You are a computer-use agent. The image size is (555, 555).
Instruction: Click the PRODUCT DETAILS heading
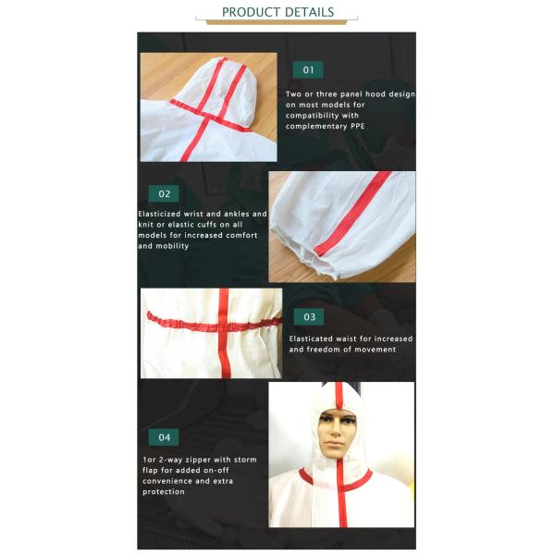[277, 12]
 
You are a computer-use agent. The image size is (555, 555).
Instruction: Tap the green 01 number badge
[308, 69]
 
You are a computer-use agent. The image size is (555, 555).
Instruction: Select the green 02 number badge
[164, 194]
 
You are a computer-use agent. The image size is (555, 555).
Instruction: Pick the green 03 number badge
[309, 316]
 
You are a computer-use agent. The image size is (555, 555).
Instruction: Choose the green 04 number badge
[164, 437]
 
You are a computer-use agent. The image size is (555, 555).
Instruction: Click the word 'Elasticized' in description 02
[163, 214]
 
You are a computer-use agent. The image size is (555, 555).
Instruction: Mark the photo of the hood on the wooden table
[208, 106]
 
